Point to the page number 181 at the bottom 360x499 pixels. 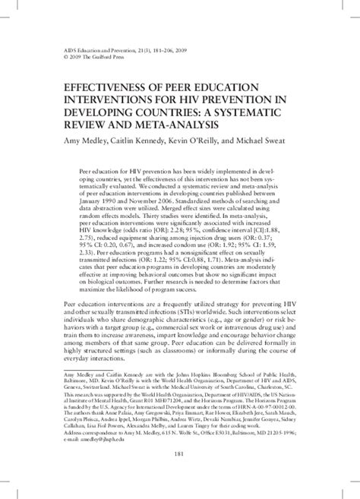coord(180,475)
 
